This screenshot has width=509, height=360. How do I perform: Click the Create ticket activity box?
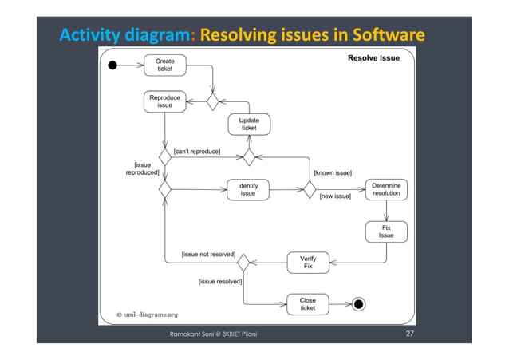coord(165,65)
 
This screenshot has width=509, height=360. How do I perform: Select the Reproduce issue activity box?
coord(165,101)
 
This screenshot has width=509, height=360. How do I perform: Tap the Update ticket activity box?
coord(249,124)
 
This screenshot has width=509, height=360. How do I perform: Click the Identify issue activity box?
coord(248,189)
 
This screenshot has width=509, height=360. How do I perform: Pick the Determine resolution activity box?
coord(386,189)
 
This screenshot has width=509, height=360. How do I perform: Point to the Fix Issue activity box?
coord(386,231)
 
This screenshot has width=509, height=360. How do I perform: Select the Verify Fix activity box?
coord(308,262)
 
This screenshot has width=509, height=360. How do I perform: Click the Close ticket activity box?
coord(307,303)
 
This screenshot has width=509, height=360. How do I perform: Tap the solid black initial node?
coord(112,65)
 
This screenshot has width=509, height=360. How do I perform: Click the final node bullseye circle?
coord(359,303)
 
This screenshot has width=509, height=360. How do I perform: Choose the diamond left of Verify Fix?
coord(243,262)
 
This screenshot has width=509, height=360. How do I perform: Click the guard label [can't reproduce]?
coord(197,151)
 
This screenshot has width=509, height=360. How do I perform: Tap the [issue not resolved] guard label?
coord(208,255)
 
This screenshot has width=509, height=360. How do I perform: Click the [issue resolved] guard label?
coord(219,281)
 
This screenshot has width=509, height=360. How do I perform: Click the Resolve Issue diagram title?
coord(374,58)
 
